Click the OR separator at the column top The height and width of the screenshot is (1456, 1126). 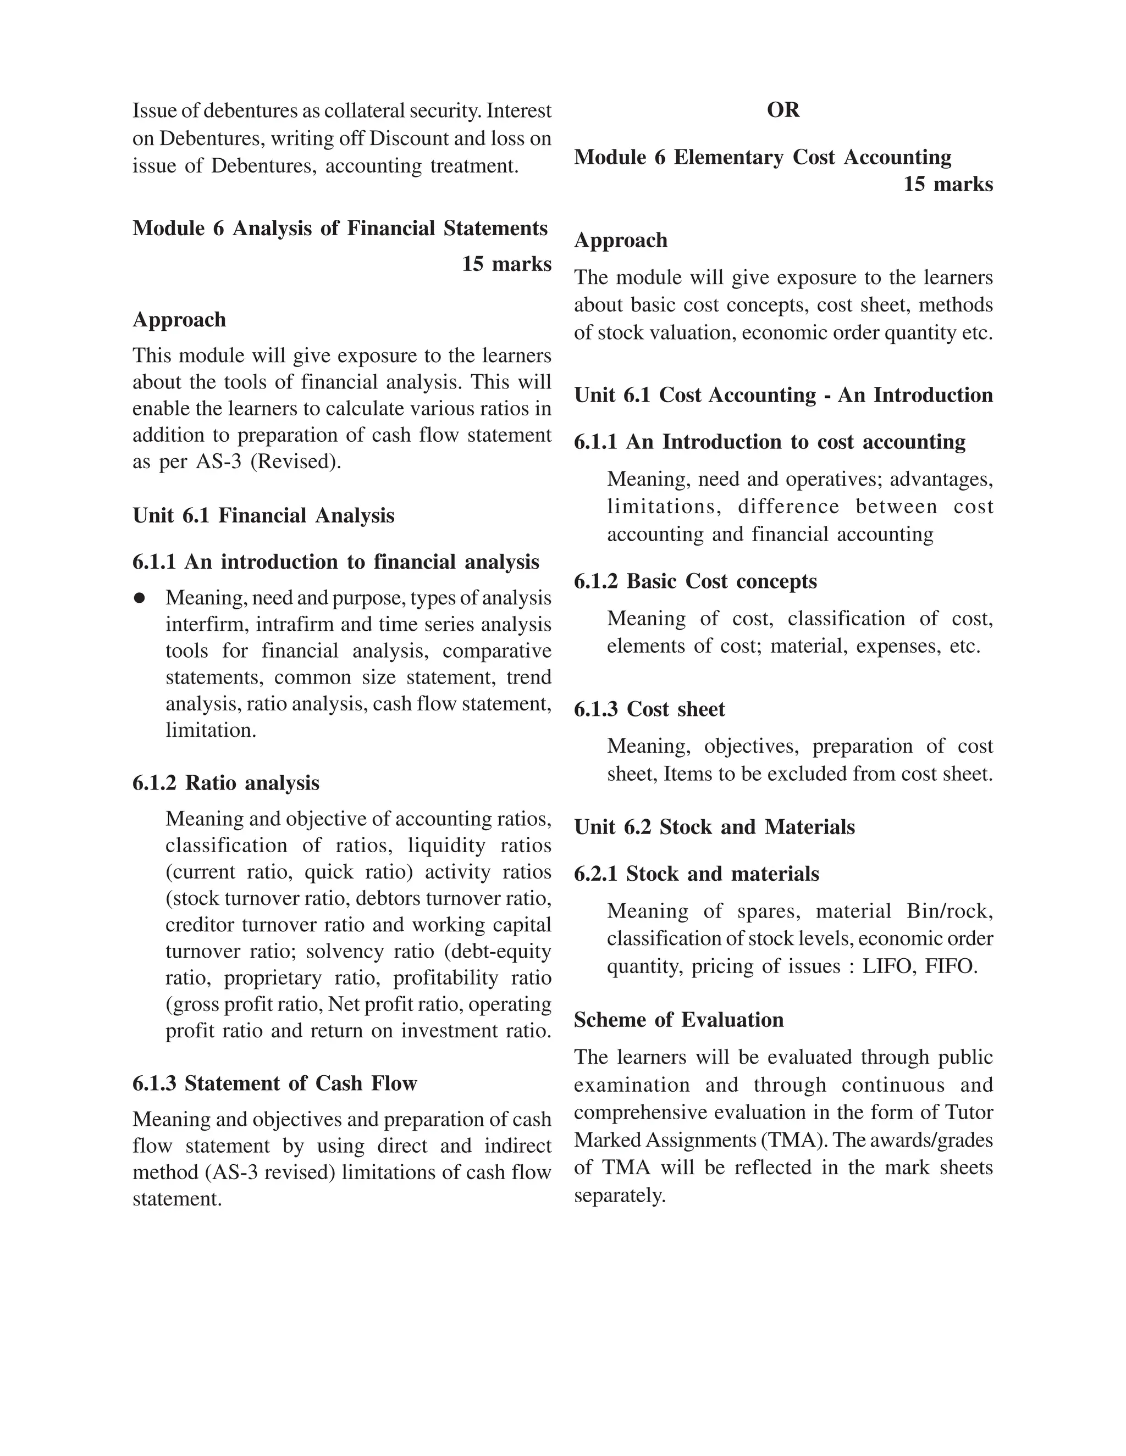coord(782,110)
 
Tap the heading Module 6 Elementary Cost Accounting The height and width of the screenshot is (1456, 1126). coord(763,157)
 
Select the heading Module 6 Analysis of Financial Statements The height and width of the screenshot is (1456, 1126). coord(340,229)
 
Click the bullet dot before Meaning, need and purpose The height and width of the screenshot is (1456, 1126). coord(140,598)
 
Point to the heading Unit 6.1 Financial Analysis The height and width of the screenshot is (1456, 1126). coord(263,515)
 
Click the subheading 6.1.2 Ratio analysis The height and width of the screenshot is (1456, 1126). coord(226,782)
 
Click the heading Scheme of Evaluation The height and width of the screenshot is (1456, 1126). coord(678,1020)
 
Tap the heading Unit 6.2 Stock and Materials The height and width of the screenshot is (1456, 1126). coord(714,827)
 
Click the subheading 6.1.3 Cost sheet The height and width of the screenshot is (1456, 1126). coord(649,709)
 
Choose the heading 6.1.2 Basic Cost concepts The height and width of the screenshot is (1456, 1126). coord(695,581)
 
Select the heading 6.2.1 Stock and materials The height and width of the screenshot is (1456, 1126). coord(697,874)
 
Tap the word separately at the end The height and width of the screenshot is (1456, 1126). coord(620,1196)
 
